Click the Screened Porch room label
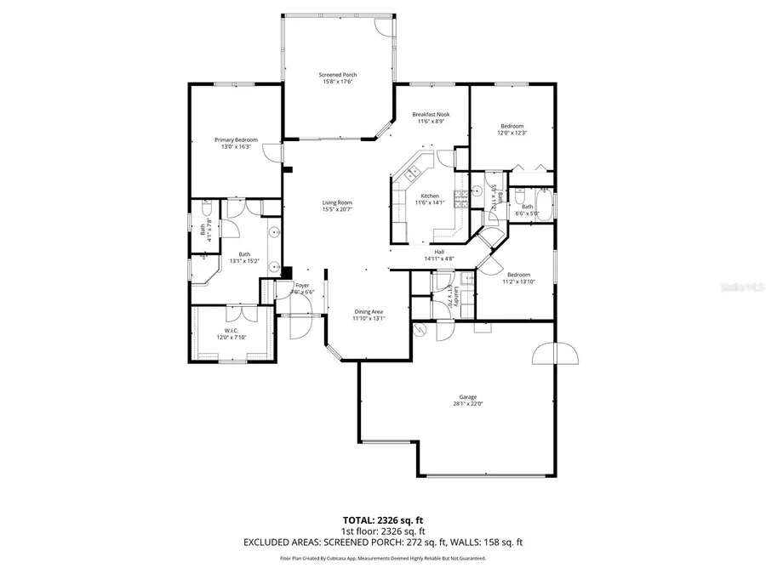(337, 75)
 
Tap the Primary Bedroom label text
(236, 140)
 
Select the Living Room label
(337, 202)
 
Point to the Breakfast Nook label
(431, 114)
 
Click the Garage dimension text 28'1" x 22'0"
(468, 405)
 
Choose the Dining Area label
(369, 311)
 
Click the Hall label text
(439, 251)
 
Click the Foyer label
(302, 285)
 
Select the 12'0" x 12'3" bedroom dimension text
(512, 133)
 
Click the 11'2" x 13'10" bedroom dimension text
(518, 281)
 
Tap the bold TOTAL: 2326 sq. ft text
(383, 519)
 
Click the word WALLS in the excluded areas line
(469, 542)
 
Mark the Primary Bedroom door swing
(272, 153)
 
